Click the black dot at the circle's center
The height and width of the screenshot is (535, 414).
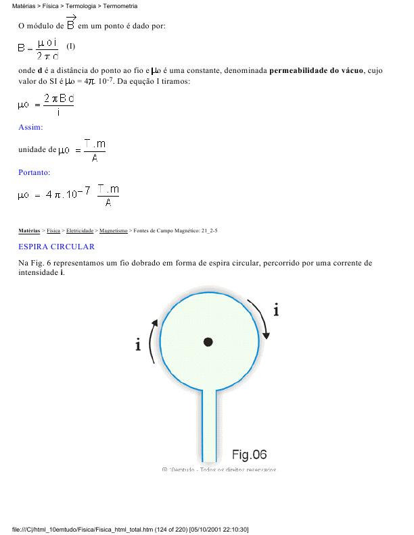tap(208, 342)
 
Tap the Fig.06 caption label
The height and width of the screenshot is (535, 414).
tap(249, 454)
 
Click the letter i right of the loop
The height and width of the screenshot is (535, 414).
tap(277, 310)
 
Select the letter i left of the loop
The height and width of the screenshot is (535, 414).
tap(139, 345)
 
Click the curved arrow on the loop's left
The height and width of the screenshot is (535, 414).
tap(154, 342)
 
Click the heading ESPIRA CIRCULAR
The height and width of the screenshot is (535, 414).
tap(56, 247)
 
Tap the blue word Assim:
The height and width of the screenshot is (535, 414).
tap(30, 126)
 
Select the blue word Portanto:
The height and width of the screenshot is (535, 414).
tap(34, 172)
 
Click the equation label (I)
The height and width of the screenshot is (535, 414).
tap(72, 47)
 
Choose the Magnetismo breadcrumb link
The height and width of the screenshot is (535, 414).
tap(113, 231)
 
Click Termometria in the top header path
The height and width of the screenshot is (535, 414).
tap(120, 6)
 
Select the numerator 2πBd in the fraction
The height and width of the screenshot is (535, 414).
tap(57, 99)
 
